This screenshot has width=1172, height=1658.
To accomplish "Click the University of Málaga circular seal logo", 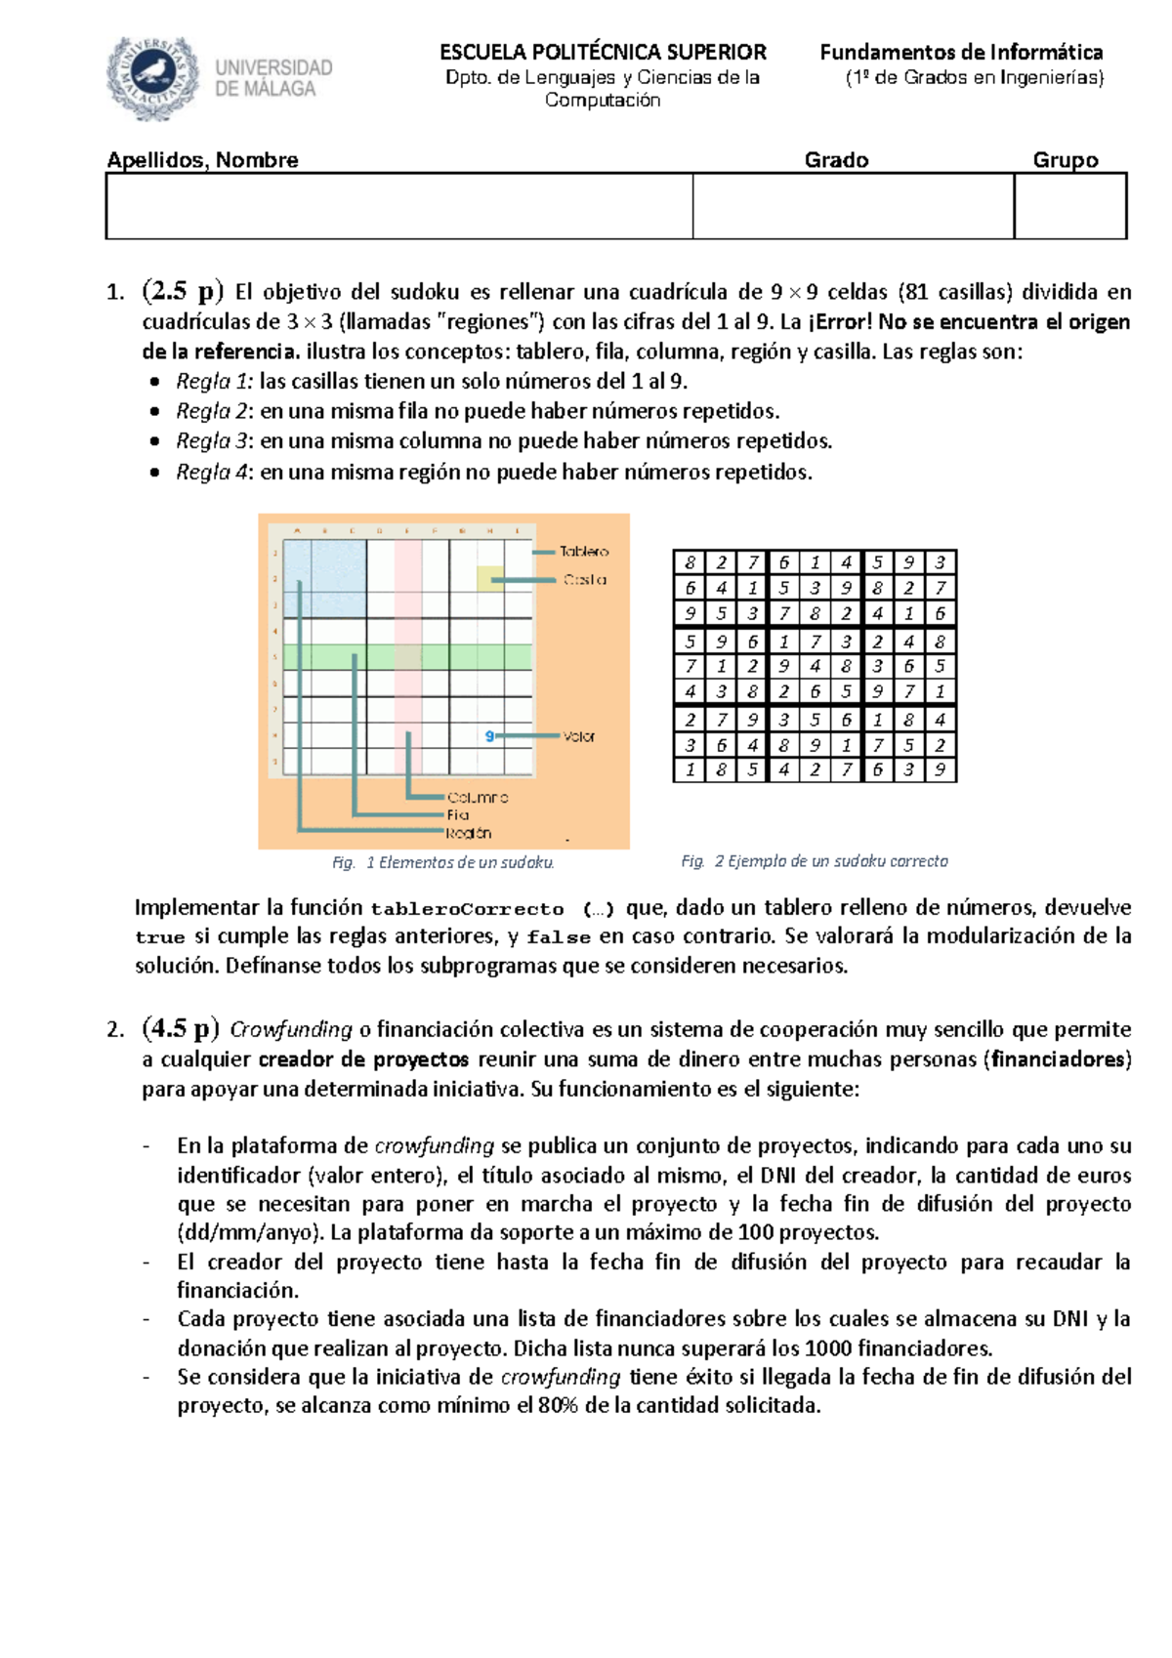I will pyautogui.click(x=153, y=77).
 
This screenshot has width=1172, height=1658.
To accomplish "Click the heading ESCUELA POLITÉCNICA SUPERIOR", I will pyautogui.click(x=603, y=52).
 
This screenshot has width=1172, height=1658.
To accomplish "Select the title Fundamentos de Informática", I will pyautogui.click(x=961, y=52).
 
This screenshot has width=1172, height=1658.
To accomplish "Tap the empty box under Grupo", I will pyautogui.click(x=1069, y=206).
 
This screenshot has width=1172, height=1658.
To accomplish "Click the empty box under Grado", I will pyautogui.click(x=853, y=206).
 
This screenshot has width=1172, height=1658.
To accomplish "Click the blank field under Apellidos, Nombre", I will pyautogui.click(x=398, y=206).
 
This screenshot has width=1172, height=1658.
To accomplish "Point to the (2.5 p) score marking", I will pyautogui.click(x=183, y=291).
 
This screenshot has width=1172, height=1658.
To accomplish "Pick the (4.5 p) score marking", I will pyautogui.click(x=181, y=1028).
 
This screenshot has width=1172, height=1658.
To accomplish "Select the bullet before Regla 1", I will pyautogui.click(x=154, y=383).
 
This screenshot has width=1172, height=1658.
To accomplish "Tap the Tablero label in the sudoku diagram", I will pyautogui.click(x=584, y=552).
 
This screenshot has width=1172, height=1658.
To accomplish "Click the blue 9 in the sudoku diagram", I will pyautogui.click(x=489, y=736).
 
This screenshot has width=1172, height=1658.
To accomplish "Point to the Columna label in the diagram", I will pyautogui.click(x=478, y=798).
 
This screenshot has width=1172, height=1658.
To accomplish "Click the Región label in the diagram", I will pyautogui.click(x=468, y=833).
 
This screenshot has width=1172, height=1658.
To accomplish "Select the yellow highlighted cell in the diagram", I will pyautogui.click(x=489, y=579).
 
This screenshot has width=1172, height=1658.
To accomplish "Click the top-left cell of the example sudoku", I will pyautogui.click(x=690, y=562).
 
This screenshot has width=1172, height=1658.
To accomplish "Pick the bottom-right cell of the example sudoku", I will pyautogui.click(x=940, y=769).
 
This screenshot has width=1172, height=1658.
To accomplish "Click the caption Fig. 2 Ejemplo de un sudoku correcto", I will pyautogui.click(x=814, y=861).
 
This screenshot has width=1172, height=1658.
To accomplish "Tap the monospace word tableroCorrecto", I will pyautogui.click(x=467, y=909).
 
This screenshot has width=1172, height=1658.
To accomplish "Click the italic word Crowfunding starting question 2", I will pyautogui.click(x=290, y=1029).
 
